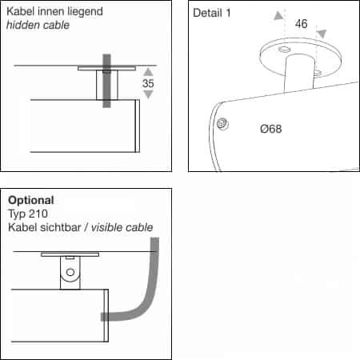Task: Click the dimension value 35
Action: coord(148,83)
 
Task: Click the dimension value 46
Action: coord(301,24)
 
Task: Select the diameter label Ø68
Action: coord(270,129)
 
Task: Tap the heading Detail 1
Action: coord(212,13)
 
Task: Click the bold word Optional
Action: coord(31,200)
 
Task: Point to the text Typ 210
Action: coord(28,214)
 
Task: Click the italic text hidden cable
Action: coord(38,25)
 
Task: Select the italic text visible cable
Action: coord(122,227)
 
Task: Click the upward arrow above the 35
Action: coord(148,72)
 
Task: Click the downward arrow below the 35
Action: coord(148,94)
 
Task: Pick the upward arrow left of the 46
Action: coord(278,16)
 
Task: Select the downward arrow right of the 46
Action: coord(322,34)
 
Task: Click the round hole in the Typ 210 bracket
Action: coord(70,272)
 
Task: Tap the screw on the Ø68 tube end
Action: coord(222,124)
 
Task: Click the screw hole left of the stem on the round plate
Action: coord(284,50)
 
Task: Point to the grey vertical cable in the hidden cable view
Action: coord(106,81)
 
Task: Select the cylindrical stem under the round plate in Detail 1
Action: coord(300,73)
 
